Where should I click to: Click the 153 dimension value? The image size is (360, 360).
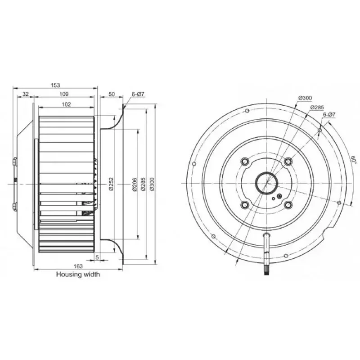(55, 85)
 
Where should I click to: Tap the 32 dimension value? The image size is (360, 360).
(26, 94)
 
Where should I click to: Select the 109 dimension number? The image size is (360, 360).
(64, 94)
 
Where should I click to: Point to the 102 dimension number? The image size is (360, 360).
(67, 104)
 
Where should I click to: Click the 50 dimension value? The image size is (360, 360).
(112, 94)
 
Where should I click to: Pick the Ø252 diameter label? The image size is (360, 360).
(111, 184)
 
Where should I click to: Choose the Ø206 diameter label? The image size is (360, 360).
(135, 184)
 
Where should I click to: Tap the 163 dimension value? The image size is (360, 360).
(78, 266)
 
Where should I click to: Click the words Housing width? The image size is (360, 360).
(78, 274)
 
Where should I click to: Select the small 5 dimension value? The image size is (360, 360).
(97, 257)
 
